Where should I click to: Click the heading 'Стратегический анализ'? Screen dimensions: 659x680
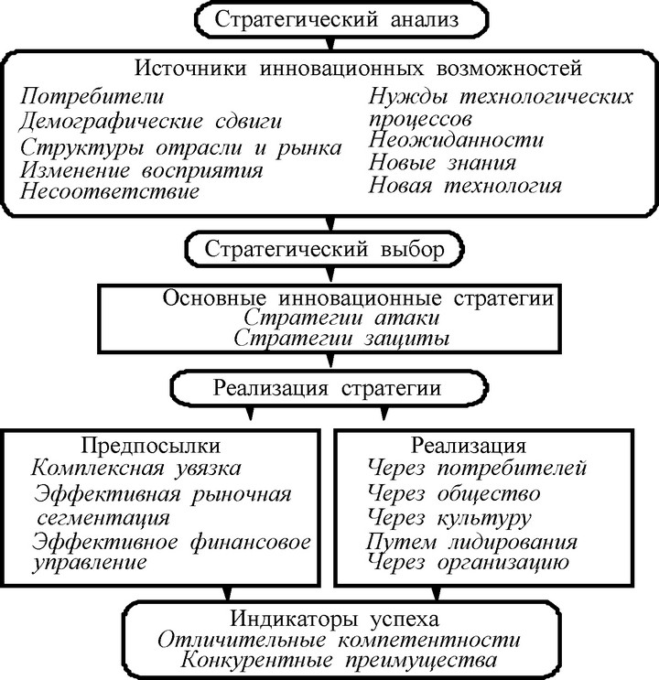tap(337, 20)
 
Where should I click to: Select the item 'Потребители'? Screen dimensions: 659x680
tap(92, 96)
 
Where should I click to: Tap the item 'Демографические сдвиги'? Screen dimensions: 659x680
tap(150, 121)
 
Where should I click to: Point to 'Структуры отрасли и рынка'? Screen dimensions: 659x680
tap(181, 148)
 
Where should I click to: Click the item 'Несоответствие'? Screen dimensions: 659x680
tap(110, 190)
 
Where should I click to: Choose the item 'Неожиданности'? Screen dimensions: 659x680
tap(456, 140)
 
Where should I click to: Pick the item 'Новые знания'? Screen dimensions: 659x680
tap(442, 163)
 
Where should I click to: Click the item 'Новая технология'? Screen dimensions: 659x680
tap(465, 186)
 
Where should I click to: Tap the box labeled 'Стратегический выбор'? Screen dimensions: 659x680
tap(325, 249)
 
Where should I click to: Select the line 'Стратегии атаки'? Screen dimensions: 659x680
tap(341, 318)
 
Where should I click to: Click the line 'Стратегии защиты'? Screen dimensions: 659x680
tap(341, 339)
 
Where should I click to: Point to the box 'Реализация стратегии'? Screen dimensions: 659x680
tap(329, 388)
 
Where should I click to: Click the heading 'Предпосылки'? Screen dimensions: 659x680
tap(150, 446)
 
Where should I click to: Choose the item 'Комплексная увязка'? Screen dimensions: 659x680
tap(135, 469)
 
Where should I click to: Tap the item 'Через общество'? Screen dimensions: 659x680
tap(454, 493)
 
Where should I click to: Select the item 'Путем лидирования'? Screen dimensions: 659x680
tap(471, 542)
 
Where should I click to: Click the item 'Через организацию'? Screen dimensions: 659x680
tap(468, 563)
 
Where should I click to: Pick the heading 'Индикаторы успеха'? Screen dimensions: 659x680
tap(334, 619)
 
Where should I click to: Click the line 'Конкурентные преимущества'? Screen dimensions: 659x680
tap(339, 661)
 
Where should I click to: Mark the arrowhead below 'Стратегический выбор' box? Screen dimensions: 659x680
tap(330, 275)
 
